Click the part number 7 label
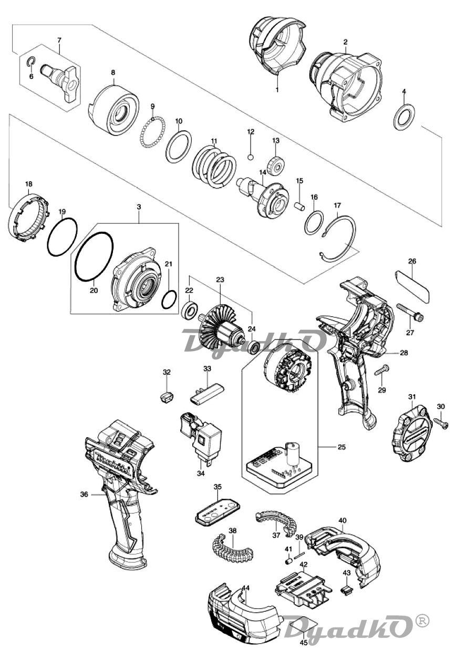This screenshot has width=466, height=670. point(59,39)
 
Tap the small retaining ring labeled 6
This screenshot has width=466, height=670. point(31,61)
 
